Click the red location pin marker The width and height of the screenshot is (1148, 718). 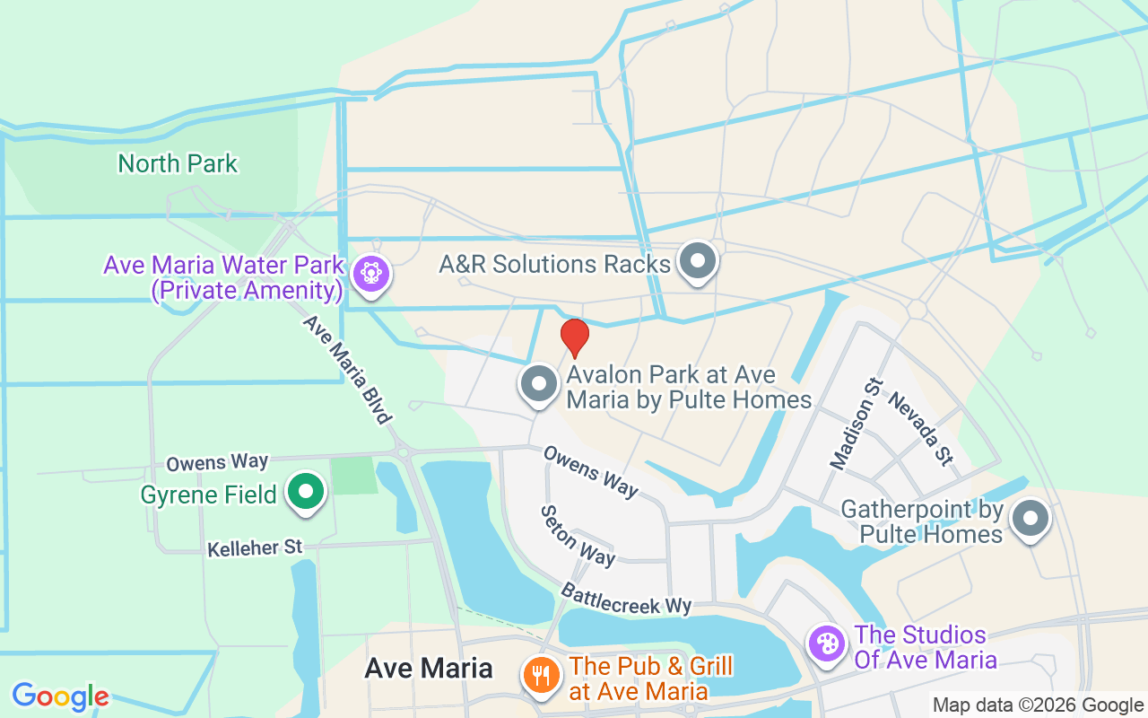coord(575,337)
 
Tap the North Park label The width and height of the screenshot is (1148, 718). coord(178,163)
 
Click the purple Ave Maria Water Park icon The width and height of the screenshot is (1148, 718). coord(370,273)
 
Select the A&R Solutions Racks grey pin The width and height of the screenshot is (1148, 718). coord(699,262)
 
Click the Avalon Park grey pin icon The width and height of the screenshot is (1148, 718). coord(540,384)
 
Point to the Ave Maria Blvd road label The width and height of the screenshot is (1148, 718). coord(347,369)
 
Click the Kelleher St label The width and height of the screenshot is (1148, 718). coord(256,547)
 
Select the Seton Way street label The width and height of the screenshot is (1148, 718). coord(578,535)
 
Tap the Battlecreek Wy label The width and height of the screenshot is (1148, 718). coord(627,599)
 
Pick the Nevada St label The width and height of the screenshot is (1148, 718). coord(919,428)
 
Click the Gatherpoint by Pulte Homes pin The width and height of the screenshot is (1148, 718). coord(1031,519)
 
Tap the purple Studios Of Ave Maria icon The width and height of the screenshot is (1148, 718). coord(826,644)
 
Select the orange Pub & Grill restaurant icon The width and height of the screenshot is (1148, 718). coord(541,677)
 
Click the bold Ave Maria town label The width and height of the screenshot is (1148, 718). coord(429,668)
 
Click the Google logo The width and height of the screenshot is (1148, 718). coord(60,696)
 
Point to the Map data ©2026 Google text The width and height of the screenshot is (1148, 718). coord(1037,705)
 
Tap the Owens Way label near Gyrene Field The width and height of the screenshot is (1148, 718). coord(217,462)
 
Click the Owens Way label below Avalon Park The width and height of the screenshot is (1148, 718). coord(590,471)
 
